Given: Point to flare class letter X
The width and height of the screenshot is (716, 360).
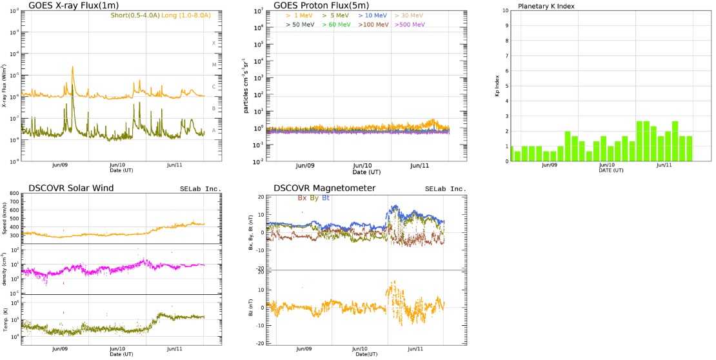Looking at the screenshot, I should click(x=214, y=43).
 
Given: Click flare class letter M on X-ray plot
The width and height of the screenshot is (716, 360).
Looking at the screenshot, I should click(x=214, y=65).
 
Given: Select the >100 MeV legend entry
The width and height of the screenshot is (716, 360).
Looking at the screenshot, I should click(x=373, y=25).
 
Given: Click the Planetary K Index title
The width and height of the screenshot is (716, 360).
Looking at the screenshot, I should click(x=546, y=6).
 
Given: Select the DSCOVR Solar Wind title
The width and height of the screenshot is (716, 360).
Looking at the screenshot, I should click(x=71, y=188).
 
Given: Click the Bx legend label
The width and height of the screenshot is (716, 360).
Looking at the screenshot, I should click(x=302, y=198).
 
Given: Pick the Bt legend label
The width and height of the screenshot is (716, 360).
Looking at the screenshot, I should click(x=326, y=198).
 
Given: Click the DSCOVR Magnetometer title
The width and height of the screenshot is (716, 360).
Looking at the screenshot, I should click(x=324, y=188).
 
